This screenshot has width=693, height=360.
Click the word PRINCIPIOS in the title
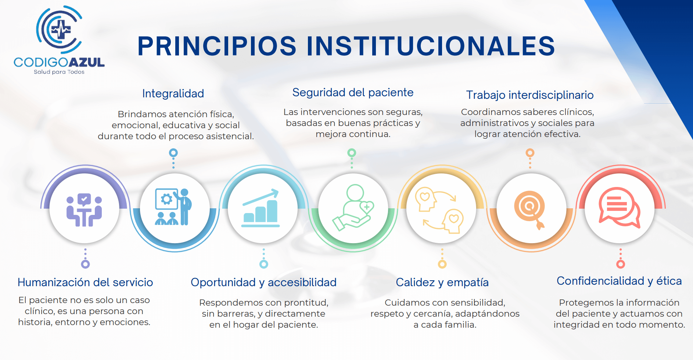[x=217, y=46]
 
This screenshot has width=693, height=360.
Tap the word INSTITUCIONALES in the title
[x=431, y=46]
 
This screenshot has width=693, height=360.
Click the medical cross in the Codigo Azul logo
[x=61, y=30]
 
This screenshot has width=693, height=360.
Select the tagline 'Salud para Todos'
[x=59, y=72]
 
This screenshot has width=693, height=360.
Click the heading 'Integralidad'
[x=173, y=94]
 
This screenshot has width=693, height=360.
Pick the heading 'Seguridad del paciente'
[x=353, y=93]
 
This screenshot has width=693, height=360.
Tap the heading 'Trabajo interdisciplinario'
[x=530, y=95]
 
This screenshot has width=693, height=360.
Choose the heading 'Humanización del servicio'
[x=85, y=282]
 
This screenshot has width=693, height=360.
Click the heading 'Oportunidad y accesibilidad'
[x=263, y=282]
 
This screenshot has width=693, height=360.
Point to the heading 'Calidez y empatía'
[x=442, y=282]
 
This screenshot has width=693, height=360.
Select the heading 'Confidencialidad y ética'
[x=619, y=281]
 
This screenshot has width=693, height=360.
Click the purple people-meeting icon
[x=84, y=210]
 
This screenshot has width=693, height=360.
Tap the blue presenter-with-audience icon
[x=173, y=206]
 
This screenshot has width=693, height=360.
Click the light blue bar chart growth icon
[x=261, y=208]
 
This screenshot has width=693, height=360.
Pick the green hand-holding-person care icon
[x=353, y=208]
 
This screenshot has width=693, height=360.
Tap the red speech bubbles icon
[x=620, y=208]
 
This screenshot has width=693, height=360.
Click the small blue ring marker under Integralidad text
[x=173, y=152]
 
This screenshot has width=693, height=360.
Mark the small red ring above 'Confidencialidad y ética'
[x=621, y=264]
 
